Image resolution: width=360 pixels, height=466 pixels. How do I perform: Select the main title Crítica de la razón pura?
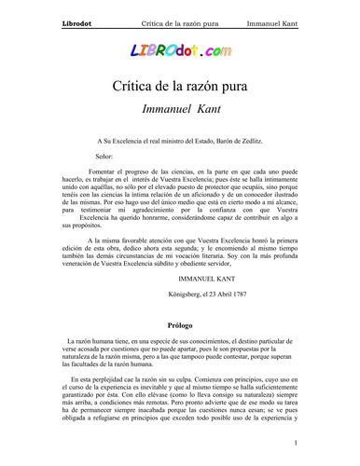coord(180,91)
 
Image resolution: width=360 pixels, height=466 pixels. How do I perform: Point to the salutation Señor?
coord(110,157)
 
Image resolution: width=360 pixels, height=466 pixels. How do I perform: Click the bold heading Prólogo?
coord(180,327)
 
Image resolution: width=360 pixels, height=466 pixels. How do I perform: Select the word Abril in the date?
coord(228,294)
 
